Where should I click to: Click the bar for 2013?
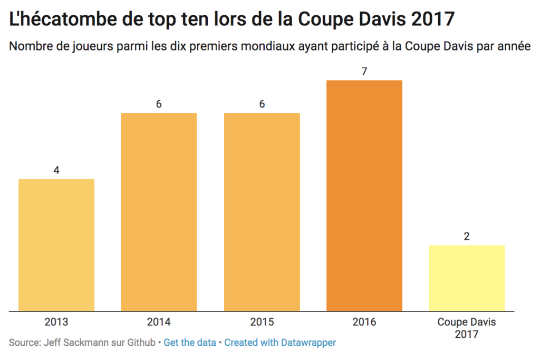pos(56,245)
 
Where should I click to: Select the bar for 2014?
pos(159,212)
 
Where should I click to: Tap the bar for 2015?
pos(262,212)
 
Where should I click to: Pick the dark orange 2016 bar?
pos(364,196)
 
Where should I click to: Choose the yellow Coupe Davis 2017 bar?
pos(467,278)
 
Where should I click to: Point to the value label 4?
pos(56,170)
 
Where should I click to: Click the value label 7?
pos(364,71)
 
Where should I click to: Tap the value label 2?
pos(467,236)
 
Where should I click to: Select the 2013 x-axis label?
pos(56,322)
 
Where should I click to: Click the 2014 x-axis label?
pos(159,322)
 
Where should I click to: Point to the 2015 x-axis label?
pos(262,322)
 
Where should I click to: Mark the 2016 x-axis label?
pos(364,322)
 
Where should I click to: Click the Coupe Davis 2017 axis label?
pos(467,328)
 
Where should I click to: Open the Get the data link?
pos(190,343)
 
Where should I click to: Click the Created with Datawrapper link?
pos(280,343)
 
